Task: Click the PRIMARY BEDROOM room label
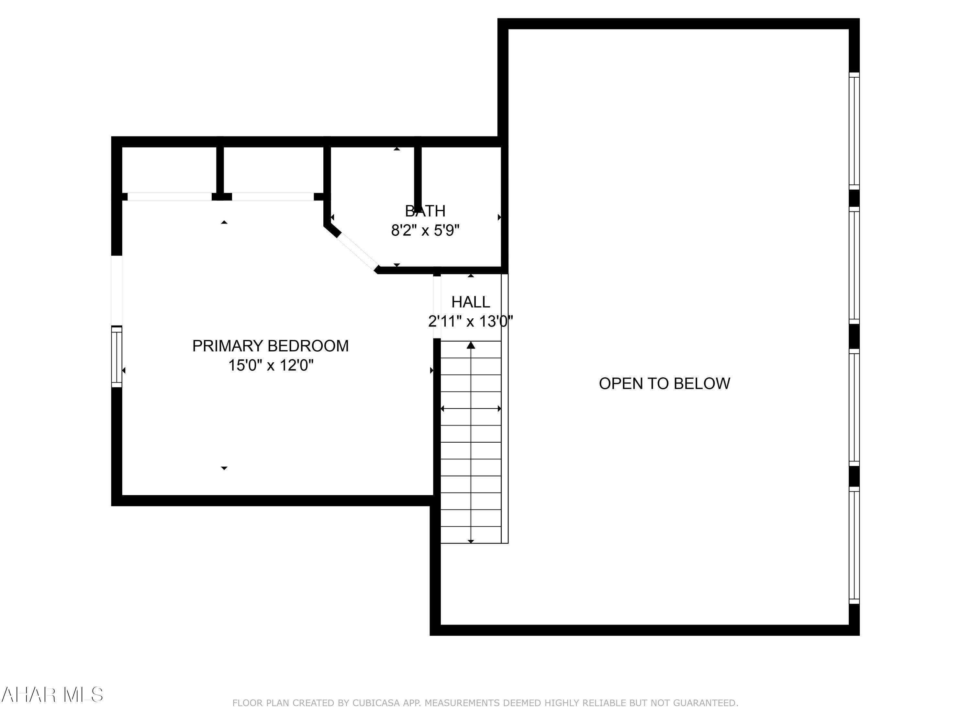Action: point(270,346)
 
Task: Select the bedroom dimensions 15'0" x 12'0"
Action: point(270,365)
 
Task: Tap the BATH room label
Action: point(425,211)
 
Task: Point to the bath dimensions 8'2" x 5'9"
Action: point(425,230)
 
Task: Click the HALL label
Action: point(471,302)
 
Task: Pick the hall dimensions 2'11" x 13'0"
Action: point(471,321)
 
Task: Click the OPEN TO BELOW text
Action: point(664,383)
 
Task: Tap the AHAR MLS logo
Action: point(52,695)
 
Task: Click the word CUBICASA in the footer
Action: point(376,703)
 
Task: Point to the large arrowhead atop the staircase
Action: point(471,345)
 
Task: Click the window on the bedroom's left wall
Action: point(116,357)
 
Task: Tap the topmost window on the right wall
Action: point(854,131)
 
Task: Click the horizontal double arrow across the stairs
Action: point(471,409)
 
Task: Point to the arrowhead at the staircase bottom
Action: point(471,541)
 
